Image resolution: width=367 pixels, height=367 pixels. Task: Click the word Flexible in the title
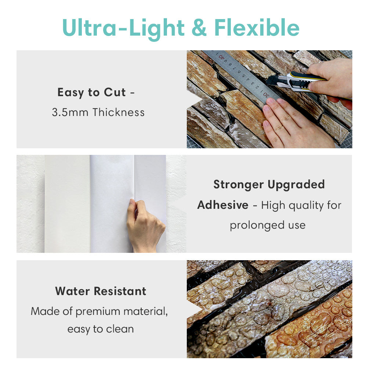(257, 28)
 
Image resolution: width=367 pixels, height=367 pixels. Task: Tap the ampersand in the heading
(199, 28)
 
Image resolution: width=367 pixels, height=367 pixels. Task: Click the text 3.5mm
(70, 112)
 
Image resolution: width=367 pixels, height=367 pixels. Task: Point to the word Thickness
(119, 112)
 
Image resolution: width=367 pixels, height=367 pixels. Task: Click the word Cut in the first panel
(115, 92)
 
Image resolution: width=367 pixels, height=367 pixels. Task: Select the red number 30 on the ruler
(266, 95)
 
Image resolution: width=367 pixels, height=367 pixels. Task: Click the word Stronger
(239, 185)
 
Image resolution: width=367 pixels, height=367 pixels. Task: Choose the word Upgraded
(296, 185)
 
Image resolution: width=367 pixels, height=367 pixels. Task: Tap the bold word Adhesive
(223, 205)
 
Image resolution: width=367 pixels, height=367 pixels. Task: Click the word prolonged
(257, 226)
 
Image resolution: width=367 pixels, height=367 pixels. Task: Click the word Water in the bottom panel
(73, 291)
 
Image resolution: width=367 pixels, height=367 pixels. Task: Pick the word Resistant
(120, 291)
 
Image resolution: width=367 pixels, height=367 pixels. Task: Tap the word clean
(120, 329)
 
